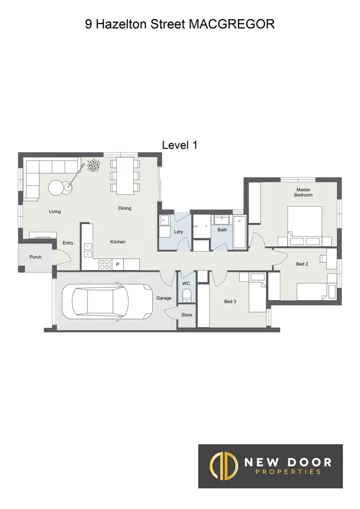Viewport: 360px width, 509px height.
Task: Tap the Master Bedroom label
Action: tap(303, 192)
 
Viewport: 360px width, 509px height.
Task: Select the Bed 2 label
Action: tap(301, 264)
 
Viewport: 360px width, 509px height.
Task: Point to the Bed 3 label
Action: tap(230, 302)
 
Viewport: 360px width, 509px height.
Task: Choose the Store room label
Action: tap(187, 315)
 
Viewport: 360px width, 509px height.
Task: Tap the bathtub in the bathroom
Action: tap(240, 233)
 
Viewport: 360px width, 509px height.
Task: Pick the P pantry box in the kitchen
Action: tap(117, 264)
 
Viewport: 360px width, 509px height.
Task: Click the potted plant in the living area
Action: tap(94, 166)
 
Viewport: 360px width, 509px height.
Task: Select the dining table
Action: tap(125, 176)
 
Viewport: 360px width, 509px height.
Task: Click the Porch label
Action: tap(36, 257)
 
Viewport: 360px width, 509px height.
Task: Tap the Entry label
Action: tap(68, 243)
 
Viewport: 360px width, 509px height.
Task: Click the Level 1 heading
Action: tap(180, 145)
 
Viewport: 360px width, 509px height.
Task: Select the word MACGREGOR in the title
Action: tap(232, 24)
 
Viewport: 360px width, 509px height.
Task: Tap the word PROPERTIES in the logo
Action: tap(288, 472)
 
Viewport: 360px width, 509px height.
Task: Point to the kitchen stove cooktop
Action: tap(104, 264)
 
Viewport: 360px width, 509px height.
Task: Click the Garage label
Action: tap(164, 298)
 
